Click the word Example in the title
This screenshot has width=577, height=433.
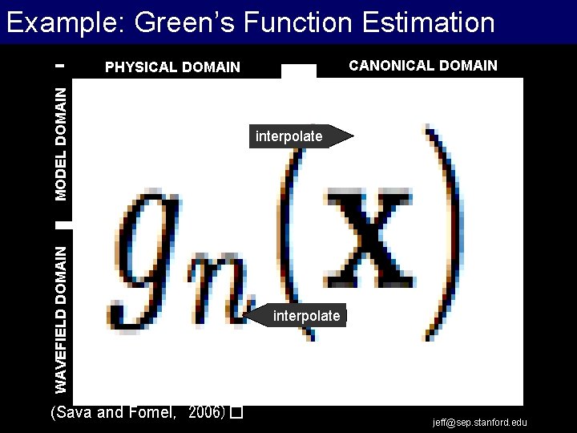point(61,22)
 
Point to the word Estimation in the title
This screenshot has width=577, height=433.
point(428,22)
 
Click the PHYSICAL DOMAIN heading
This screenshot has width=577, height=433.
point(172,67)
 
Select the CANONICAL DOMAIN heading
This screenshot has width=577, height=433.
point(422,66)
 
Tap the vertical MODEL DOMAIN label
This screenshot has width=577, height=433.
point(62,144)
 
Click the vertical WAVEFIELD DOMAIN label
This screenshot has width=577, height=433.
point(62,319)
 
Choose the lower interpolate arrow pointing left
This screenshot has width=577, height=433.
point(297,316)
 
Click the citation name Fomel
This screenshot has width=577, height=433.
point(155,413)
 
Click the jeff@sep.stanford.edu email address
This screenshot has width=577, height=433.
point(480,423)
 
